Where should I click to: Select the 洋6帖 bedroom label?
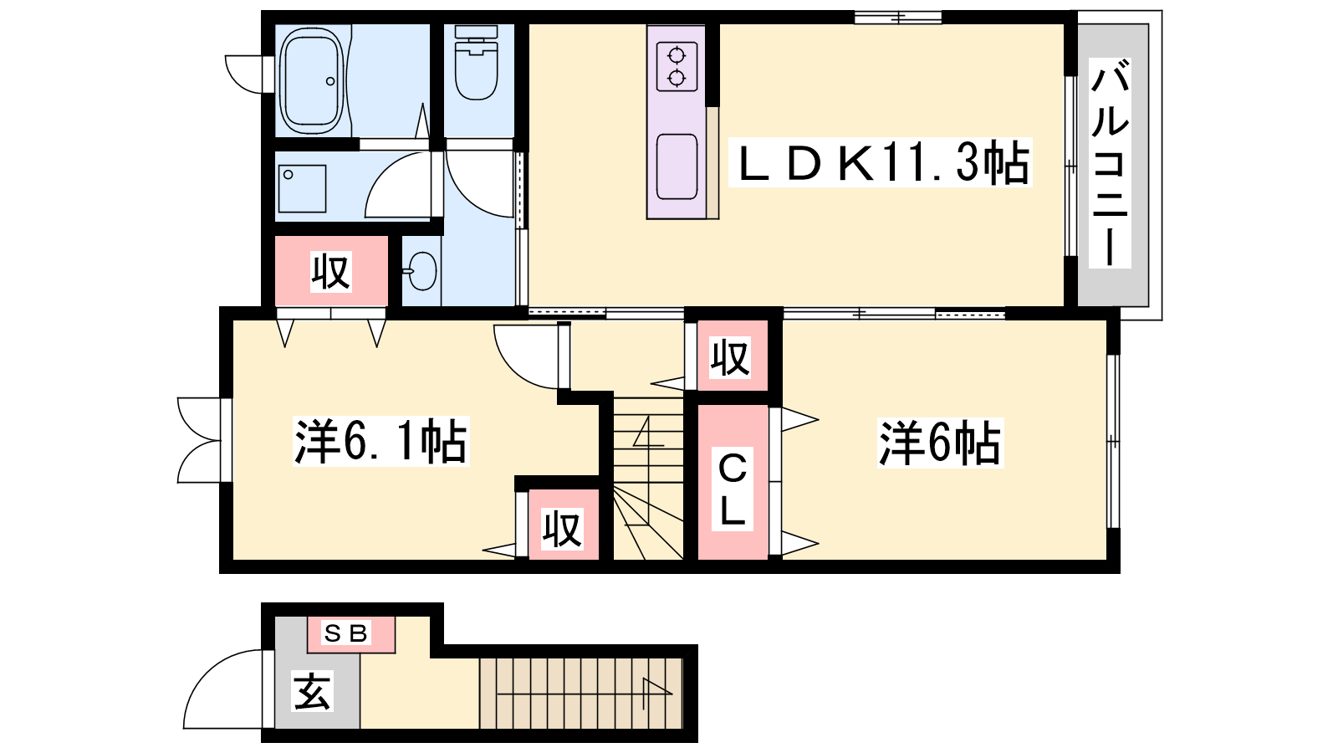pos(940,443)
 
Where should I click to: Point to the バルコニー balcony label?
pos(1110,162)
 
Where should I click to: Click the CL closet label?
pos(733,489)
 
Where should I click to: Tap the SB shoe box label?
pos(346,633)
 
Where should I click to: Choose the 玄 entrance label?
pos(312,690)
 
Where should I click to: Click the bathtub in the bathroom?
pos(312,81)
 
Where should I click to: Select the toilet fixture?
pos(476,62)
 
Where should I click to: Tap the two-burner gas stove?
pos(677,66)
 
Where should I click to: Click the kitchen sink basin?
pos(677,166)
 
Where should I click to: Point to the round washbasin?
pos(422,271)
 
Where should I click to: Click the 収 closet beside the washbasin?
pos(331,271)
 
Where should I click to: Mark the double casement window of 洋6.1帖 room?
pos(199,440)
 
